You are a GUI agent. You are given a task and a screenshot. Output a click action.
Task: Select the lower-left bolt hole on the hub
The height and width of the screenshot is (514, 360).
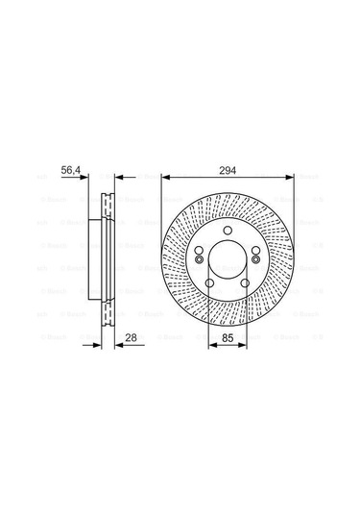[x=209, y=283]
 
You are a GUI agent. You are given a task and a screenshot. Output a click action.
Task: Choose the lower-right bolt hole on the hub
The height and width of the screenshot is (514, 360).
[x=244, y=283]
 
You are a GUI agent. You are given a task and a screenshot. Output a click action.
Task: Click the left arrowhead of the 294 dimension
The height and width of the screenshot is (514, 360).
[x=165, y=177]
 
